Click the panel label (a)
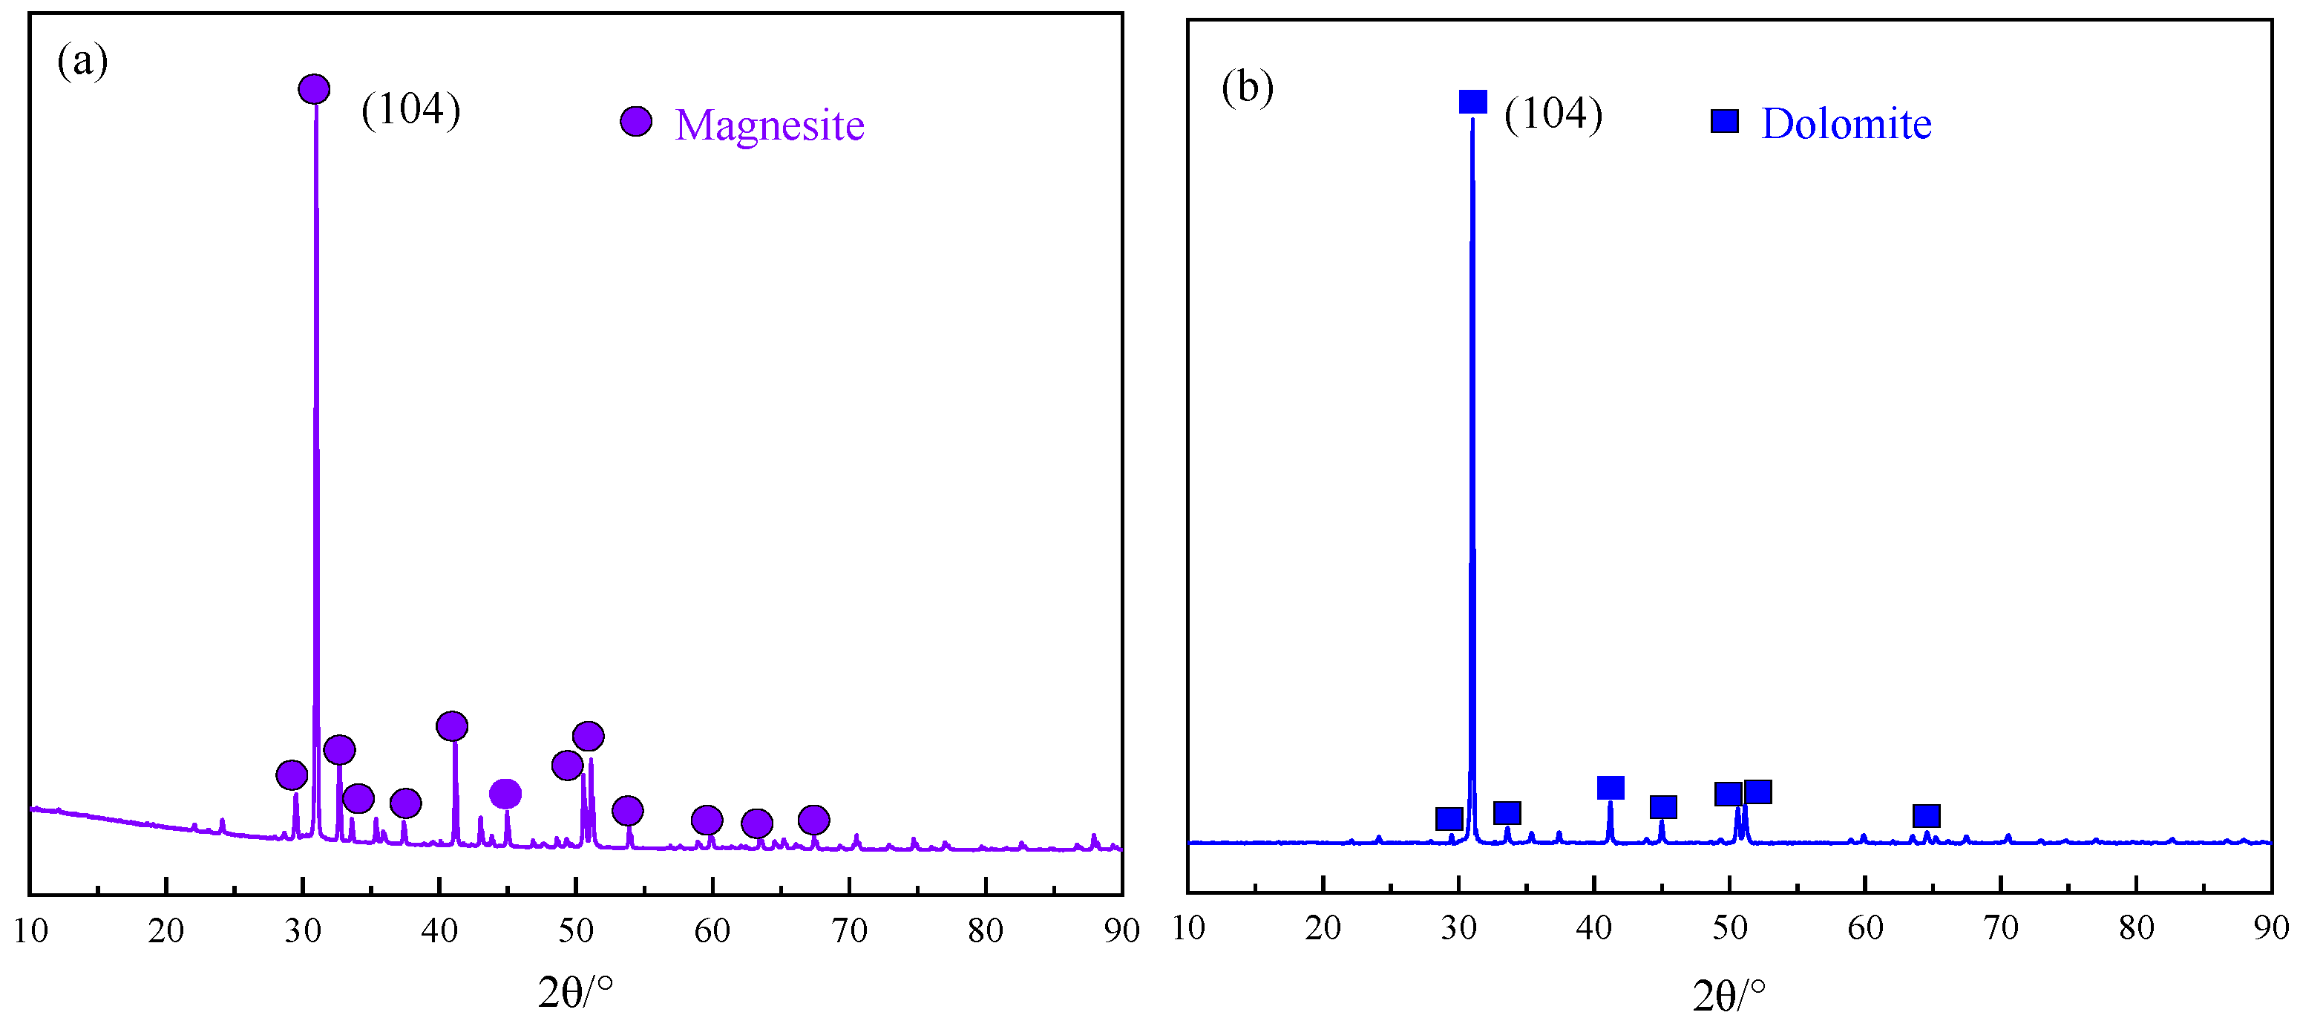point(82,62)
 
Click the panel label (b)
point(1246,88)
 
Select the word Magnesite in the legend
point(769,125)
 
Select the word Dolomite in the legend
point(1846,123)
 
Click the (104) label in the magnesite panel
point(410,109)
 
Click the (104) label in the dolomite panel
point(1553,114)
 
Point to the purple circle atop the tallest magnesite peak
point(313,88)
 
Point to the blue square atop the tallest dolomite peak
point(1472,102)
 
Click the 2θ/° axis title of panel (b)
point(1729,995)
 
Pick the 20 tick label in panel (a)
point(166,931)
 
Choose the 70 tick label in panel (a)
point(849,931)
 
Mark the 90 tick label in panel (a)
point(1121,931)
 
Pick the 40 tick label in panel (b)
point(1593,929)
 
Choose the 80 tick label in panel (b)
point(2136,929)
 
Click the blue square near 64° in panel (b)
point(1926,815)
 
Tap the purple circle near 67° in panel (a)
point(813,819)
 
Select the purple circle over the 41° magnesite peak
point(452,726)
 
